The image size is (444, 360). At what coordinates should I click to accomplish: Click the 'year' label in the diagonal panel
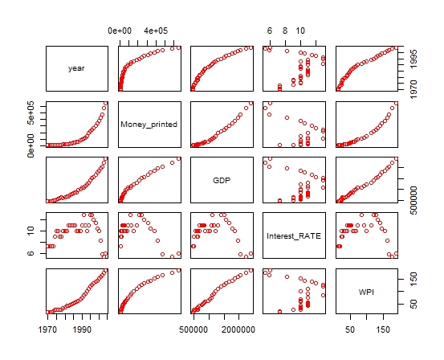click(x=76, y=68)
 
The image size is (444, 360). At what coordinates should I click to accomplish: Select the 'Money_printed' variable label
click(x=149, y=125)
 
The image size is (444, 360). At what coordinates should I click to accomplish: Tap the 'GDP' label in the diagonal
click(x=221, y=180)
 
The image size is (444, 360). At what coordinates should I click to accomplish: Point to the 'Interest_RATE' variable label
click(x=293, y=236)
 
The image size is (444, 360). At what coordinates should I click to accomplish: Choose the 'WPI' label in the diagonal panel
click(x=365, y=292)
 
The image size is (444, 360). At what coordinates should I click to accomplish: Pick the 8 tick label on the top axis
click(x=285, y=31)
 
